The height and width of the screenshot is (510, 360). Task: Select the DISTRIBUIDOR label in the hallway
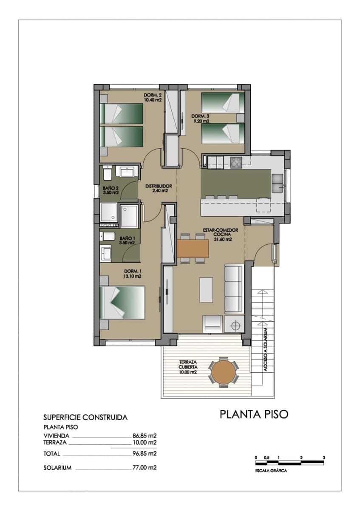[x=158, y=188]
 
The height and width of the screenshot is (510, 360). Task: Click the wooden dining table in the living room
[x=193, y=248]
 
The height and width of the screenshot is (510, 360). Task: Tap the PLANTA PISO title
[x=254, y=414]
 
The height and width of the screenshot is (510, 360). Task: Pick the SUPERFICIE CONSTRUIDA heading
[x=85, y=417]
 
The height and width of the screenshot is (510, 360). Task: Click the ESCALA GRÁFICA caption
[x=271, y=471]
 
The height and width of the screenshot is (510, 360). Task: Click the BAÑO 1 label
[x=127, y=241]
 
